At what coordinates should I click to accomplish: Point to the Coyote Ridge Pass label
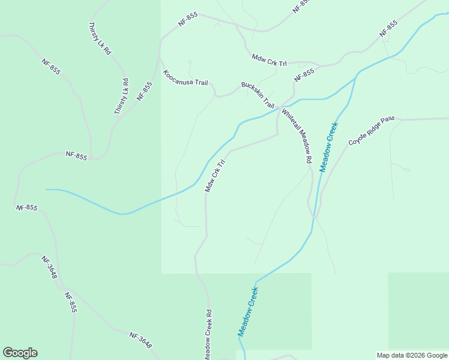(372, 131)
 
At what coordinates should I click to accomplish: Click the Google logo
(20, 353)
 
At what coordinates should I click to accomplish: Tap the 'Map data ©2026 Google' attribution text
(412, 355)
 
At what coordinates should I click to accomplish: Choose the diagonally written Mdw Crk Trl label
(214, 176)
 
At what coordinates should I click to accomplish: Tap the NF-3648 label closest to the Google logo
(140, 340)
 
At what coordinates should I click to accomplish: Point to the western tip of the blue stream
(47, 190)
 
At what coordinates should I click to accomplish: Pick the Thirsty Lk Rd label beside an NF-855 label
(121, 96)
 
